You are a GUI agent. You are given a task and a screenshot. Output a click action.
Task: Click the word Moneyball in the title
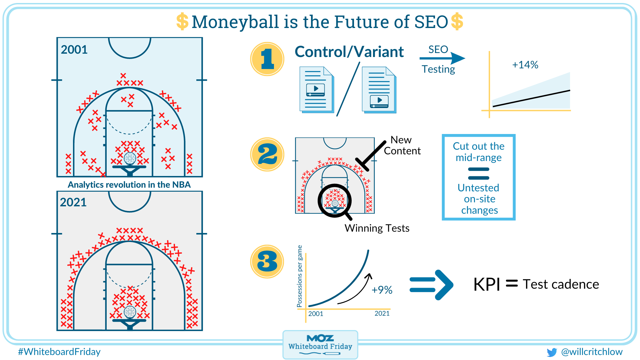click(235, 22)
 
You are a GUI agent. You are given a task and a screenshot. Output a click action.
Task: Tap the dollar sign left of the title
click(182, 22)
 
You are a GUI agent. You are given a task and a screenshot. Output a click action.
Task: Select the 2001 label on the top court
click(74, 50)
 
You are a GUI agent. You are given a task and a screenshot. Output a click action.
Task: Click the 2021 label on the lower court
click(73, 202)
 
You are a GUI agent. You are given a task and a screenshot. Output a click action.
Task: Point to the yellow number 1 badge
click(267, 59)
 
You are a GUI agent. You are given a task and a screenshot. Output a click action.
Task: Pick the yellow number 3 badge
click(267, 261)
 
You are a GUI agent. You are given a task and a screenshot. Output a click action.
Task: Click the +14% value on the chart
click(525, 65)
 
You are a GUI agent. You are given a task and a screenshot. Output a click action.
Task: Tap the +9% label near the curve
click(382, 290)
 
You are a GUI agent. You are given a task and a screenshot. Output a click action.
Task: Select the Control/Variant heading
click(349, 52)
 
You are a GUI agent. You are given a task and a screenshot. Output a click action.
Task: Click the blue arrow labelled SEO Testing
click(443, 59)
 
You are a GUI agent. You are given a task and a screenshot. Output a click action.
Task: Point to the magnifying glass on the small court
click(335, 201)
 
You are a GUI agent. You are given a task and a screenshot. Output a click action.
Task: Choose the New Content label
click(402, 145)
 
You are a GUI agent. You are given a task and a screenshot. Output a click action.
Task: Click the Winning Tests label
click(377, 228)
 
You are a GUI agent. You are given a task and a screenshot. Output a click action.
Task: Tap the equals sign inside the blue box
click(478, 173)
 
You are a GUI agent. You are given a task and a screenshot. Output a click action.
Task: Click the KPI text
click(486, 285)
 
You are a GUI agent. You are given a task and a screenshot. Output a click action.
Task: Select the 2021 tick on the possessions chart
click(382, 313)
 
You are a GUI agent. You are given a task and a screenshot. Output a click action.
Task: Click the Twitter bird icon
click(552, 352)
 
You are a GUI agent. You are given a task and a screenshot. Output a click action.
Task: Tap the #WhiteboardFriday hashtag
click(59, 352)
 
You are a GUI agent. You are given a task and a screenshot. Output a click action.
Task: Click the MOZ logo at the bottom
click(320, 338)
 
